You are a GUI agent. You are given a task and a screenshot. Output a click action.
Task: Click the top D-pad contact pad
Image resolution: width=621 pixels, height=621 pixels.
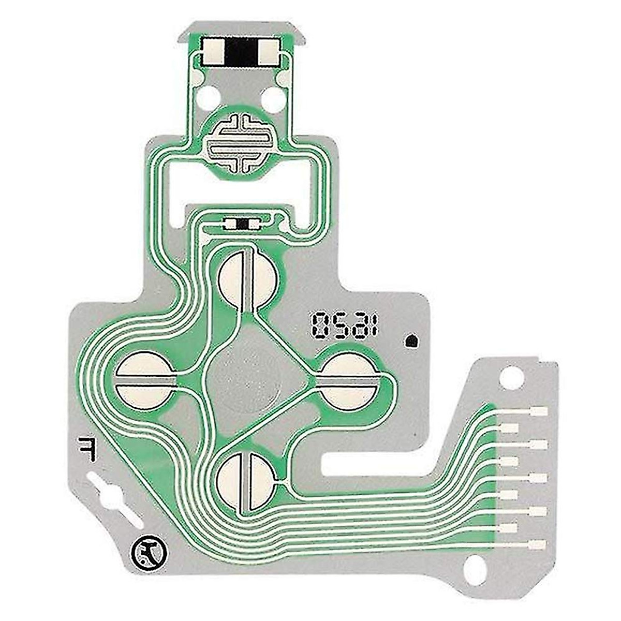click(250, 278)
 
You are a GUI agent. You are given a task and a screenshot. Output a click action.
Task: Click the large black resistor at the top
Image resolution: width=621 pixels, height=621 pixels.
click(241, 52)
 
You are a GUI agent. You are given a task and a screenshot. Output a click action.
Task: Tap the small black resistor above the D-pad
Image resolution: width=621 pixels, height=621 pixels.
click(241, 224)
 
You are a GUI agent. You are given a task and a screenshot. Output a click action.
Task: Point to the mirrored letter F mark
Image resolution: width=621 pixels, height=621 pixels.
click(86, 448)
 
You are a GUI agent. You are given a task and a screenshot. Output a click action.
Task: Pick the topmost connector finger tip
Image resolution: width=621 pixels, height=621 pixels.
click(538, 411)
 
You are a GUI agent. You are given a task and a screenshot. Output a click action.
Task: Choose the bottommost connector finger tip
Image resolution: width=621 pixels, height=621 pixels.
click(538, 544)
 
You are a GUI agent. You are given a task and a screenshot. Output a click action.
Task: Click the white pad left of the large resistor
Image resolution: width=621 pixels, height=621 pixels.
click(215, 52)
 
